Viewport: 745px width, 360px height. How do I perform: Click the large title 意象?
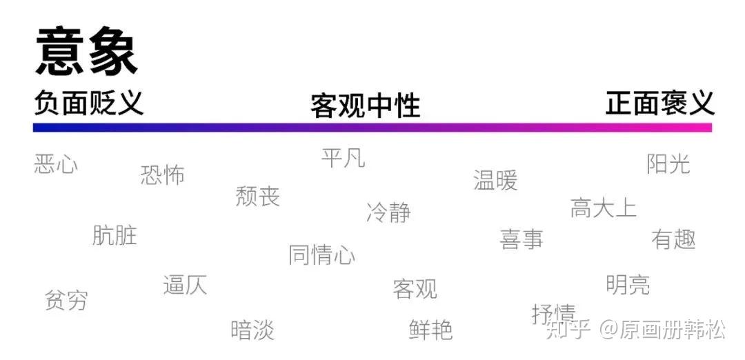point(86,52)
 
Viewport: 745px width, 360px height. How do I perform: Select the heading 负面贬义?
point(88,103)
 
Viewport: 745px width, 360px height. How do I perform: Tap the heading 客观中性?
point(366,106)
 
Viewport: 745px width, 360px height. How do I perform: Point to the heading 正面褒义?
point(660,103)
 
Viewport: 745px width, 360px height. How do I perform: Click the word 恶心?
point(56,164)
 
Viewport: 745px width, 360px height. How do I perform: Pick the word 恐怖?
point(163,175)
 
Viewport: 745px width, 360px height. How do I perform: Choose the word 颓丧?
point(258,196)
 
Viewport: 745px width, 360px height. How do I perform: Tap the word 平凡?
point(344,158)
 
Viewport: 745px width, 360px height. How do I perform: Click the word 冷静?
point(388,212)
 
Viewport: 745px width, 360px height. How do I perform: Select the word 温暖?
point(495,181)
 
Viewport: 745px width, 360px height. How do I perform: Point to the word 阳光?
point(668,164)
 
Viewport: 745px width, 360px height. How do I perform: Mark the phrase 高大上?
point(604,208)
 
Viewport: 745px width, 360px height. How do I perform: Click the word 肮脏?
point(115,236)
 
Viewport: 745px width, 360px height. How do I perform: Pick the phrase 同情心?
point(322,254)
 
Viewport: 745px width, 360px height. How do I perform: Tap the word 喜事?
point(521,239)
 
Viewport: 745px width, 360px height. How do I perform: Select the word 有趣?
point(674,239)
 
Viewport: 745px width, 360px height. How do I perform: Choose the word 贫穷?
point(66,300)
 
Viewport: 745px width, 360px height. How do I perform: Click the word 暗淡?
point(252,330)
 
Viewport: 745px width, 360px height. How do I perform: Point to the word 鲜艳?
point(431,330)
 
